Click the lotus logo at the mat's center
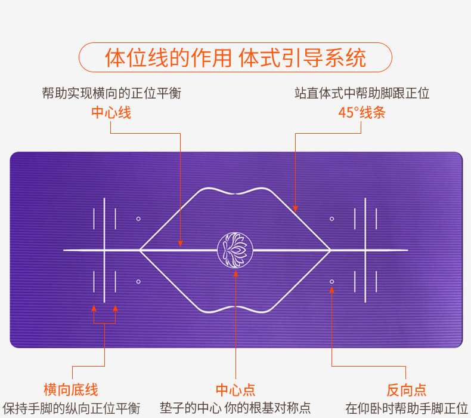235,250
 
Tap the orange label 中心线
111,112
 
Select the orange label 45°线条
361,112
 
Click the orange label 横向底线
70,390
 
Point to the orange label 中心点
235,390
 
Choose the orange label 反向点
407,390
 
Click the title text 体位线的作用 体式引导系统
235,59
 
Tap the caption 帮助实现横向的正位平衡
111,93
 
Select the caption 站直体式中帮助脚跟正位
361,93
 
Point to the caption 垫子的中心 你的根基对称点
235,408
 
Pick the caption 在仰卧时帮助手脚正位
407,408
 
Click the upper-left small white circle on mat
138,219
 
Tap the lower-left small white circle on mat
138,281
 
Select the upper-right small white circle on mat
332,219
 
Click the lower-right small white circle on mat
332,281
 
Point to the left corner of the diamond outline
141,250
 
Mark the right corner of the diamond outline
330,250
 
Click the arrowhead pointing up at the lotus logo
235,274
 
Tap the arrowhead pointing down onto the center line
180,243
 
